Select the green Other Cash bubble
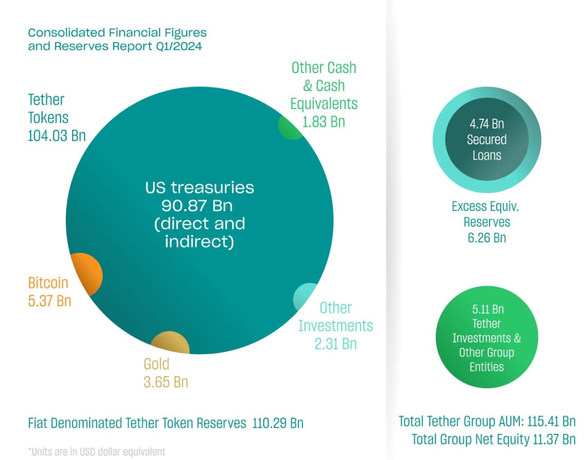[291, 127]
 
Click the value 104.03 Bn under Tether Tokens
[57, 135]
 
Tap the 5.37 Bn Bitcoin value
[50, 301]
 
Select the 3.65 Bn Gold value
[166, 382]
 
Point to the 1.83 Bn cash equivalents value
[324, 121]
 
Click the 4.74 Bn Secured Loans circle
[486, 139]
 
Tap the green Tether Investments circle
[486, 338]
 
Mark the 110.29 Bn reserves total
[278, 422]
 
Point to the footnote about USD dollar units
[97, 452]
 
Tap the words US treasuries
[199, 188]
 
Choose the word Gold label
[156, 364]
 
